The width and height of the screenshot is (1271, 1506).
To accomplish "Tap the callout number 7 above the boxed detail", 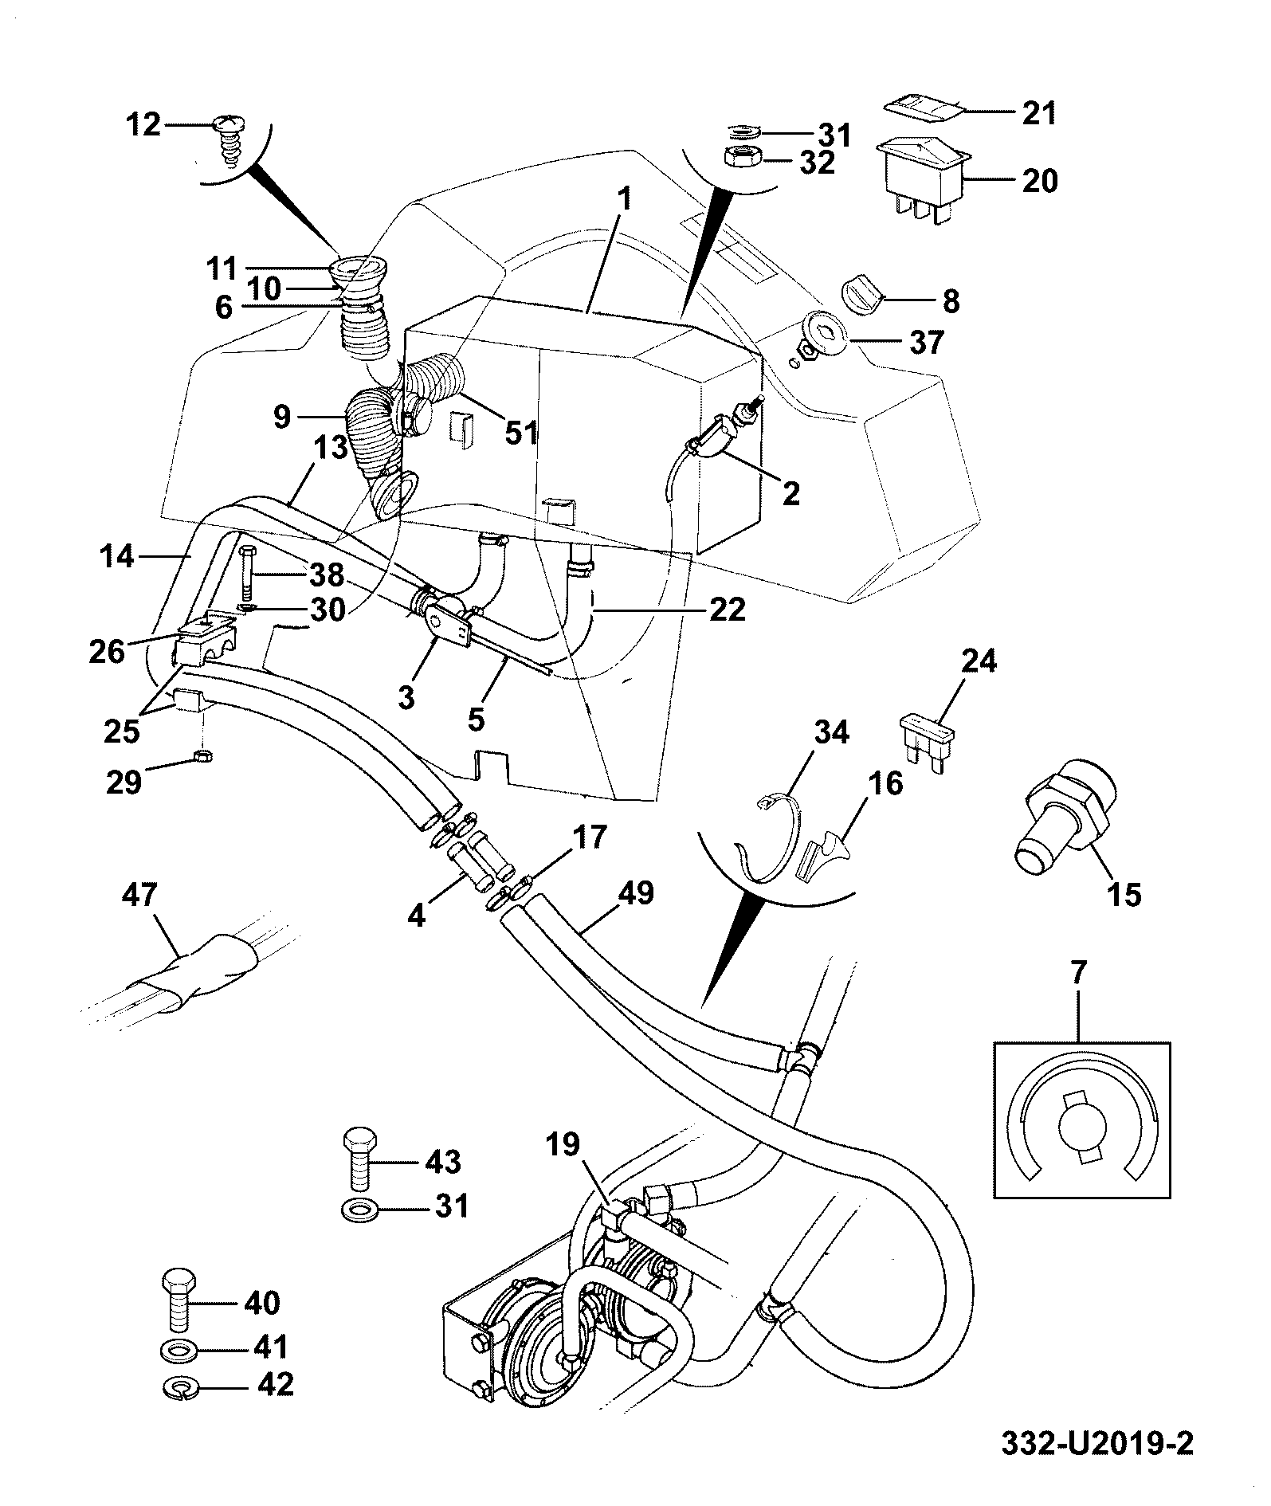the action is (1078, 974).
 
